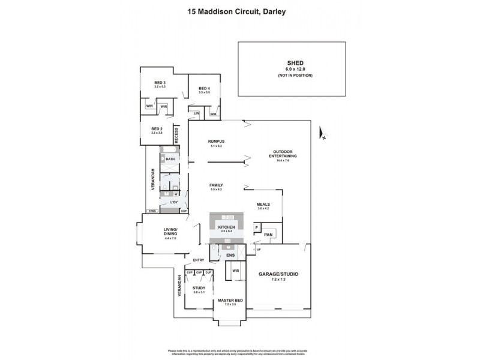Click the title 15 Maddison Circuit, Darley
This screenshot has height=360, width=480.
tap(240, 10)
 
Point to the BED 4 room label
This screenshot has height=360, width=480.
tap(205, 89)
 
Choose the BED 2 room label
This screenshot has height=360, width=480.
tap(157, 128)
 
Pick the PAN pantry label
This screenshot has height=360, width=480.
tap(268, 235)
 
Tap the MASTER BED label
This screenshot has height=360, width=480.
tap(230, 299)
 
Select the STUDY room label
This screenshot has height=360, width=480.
tap(199, 288)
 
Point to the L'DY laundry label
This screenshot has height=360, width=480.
tap(174, 202)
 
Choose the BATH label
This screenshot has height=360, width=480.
tap(170, 159)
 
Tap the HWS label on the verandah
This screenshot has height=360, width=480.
tap(152, 212)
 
